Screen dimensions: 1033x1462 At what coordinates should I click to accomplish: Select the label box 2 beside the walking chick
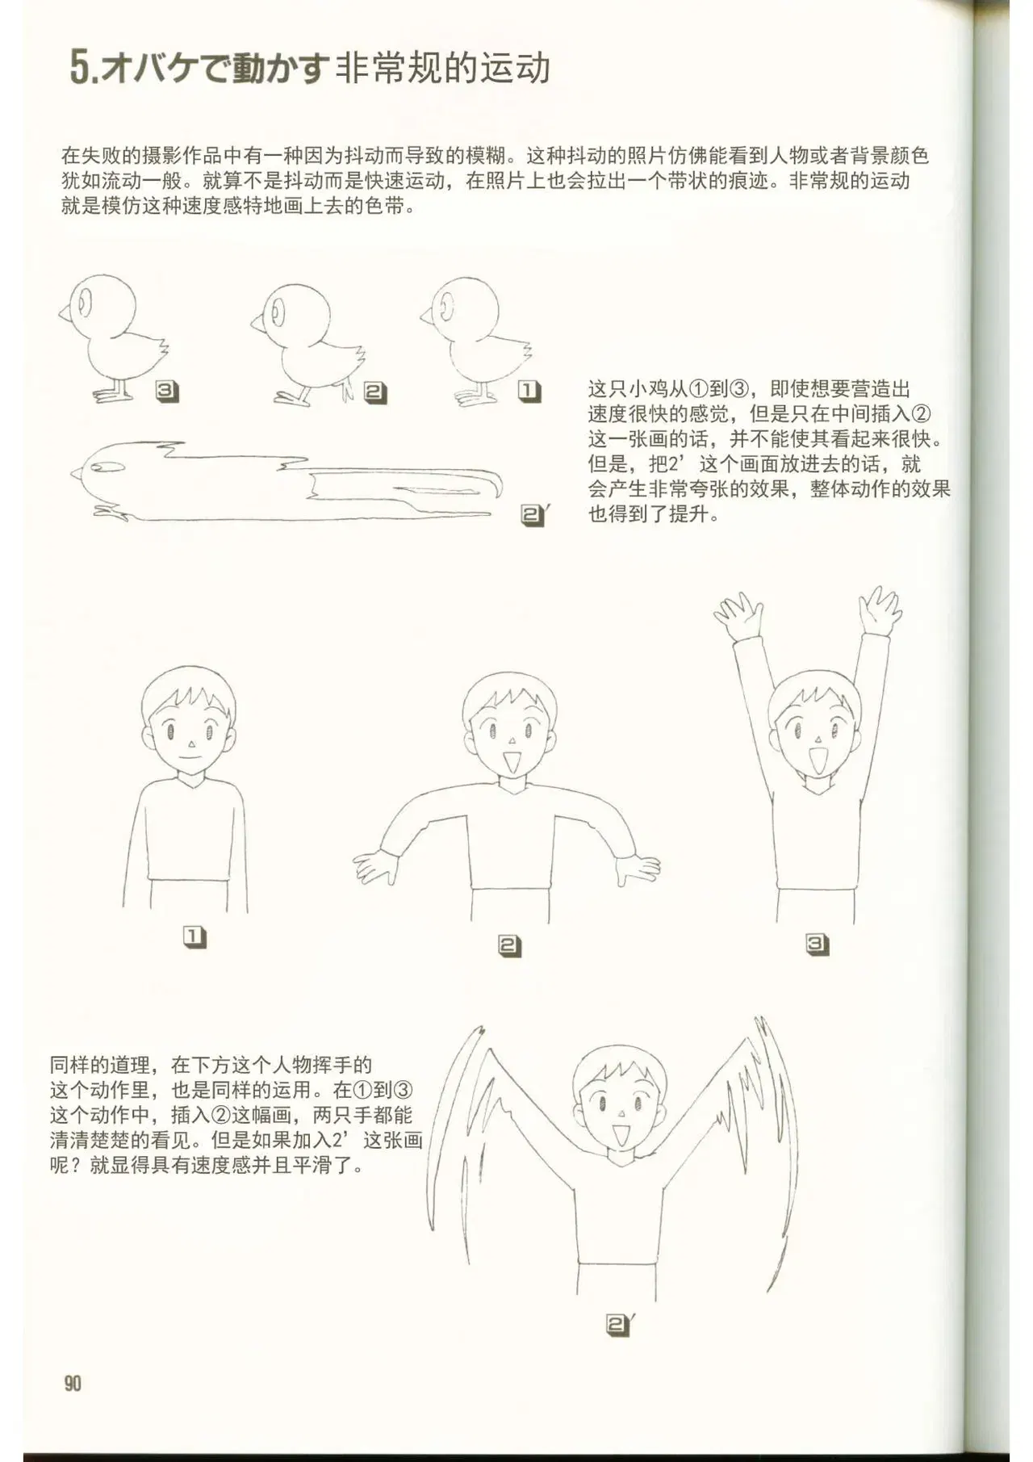[375, 393]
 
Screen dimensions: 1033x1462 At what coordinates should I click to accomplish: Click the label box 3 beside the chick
[167, 392]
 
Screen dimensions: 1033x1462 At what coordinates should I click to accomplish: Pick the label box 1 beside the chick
[529, 392]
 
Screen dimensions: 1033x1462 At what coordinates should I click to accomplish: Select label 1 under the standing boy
[194, 936]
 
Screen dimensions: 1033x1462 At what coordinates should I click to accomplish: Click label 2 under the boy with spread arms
[509, 945]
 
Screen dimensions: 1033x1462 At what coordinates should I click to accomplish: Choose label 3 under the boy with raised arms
[817, 944]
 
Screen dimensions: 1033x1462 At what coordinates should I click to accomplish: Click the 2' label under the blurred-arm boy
[620, 1325]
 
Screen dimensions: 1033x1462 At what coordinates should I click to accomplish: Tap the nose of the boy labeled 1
[190, 744]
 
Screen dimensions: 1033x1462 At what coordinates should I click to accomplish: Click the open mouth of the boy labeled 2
[510, 760]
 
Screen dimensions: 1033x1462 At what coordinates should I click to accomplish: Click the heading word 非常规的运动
[443, 68]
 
